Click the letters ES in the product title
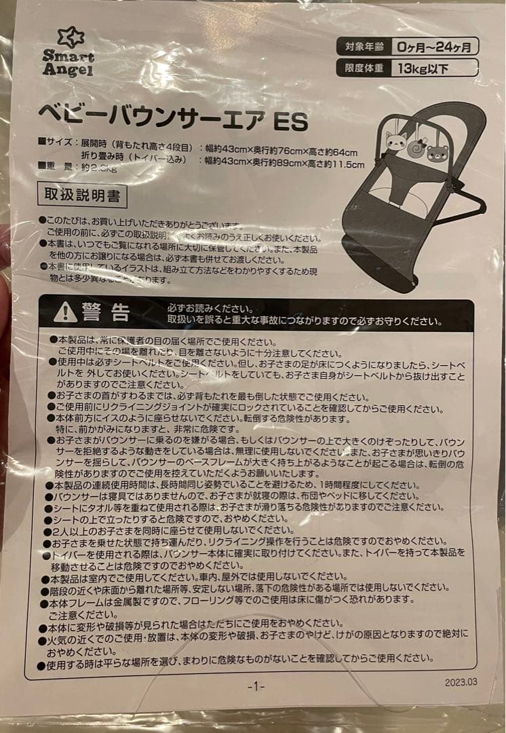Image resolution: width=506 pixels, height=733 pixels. point(290,122)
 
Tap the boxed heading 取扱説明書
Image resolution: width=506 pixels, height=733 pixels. point(82,195)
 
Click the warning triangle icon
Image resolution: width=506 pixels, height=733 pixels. point(66,312)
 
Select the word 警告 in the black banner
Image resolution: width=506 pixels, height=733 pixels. point(106,312)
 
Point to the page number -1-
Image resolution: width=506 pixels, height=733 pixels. point(256,687)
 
